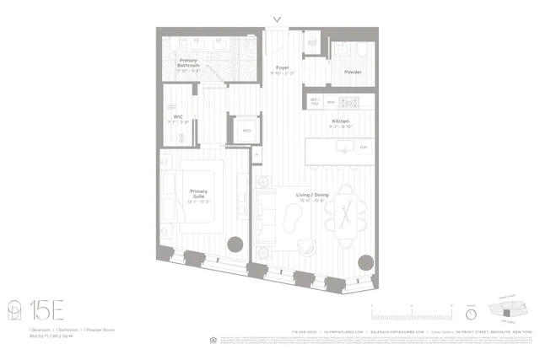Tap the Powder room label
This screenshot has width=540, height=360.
(x=353, y=73)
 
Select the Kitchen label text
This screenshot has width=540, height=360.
(x=340, y=122)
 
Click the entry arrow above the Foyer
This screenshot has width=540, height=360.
(x=278, y=20)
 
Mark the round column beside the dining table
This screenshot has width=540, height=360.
(x=366, y=262)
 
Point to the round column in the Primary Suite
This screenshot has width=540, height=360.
(x=235, y=244)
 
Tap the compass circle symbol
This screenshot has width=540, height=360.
(x=471, y=314)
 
